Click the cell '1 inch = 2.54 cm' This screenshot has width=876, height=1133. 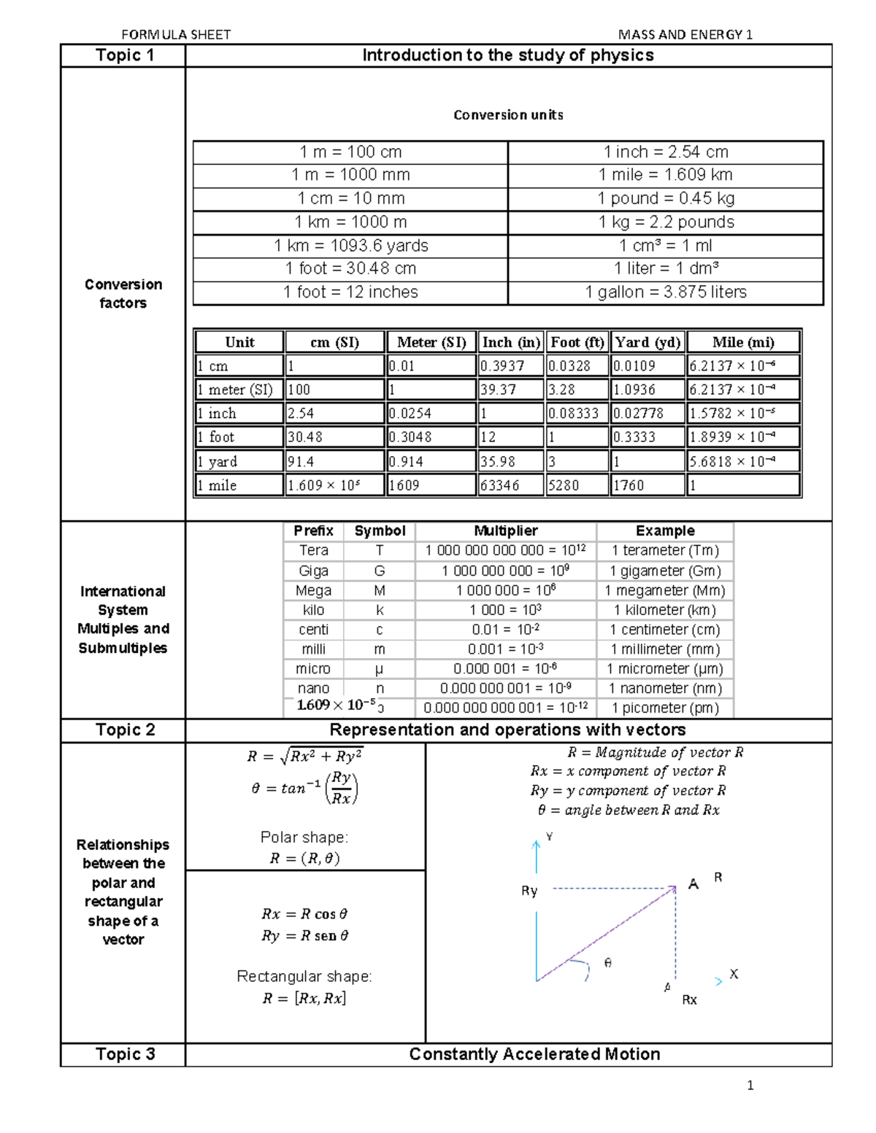(665, 152)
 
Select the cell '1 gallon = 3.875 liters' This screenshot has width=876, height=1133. (665, 292)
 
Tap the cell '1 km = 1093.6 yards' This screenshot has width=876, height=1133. (350, 245)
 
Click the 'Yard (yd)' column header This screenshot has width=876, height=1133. (647, 342)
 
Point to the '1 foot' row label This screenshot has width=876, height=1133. (216, 437)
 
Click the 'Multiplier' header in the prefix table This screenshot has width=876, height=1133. (505, 530)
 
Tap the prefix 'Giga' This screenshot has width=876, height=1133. (313, 571)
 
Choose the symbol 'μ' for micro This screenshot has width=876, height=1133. (379, 668)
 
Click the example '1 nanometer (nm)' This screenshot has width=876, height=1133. (664, 688)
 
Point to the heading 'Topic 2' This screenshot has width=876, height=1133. (125, 730)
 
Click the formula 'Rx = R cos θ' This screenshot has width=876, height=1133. (304, 914)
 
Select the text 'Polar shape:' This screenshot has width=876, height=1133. (304, 837)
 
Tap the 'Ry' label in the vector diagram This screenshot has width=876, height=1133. (529, 891)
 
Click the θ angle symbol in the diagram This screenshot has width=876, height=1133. (607, 963)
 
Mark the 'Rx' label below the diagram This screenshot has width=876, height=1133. (689, 999)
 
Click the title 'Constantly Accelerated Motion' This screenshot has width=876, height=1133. (534, 1054)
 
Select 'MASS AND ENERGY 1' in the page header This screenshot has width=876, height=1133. (685, 34)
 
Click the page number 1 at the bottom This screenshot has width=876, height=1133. (750, 1086)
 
